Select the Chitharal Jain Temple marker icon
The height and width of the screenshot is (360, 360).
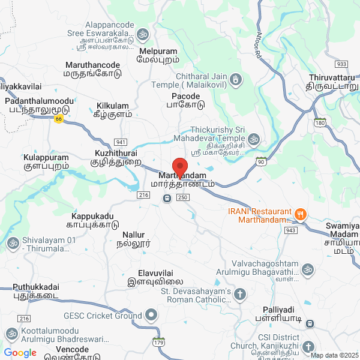tap(236, 79)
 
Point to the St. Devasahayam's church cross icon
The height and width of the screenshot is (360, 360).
tap(240, 294)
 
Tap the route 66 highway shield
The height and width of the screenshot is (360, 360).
tap(58, 119)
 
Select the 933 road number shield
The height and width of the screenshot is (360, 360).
tap(341, 64)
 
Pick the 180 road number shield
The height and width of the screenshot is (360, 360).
tap(320, 122)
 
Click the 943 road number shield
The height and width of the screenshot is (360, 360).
tap(291, 230)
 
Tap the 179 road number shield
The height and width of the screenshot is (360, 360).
tap(158, 341)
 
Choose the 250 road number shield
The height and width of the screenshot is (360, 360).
tap(183, 197)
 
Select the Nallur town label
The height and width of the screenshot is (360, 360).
tap(133, 238)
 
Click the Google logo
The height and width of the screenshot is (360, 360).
tap(20, 353)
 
